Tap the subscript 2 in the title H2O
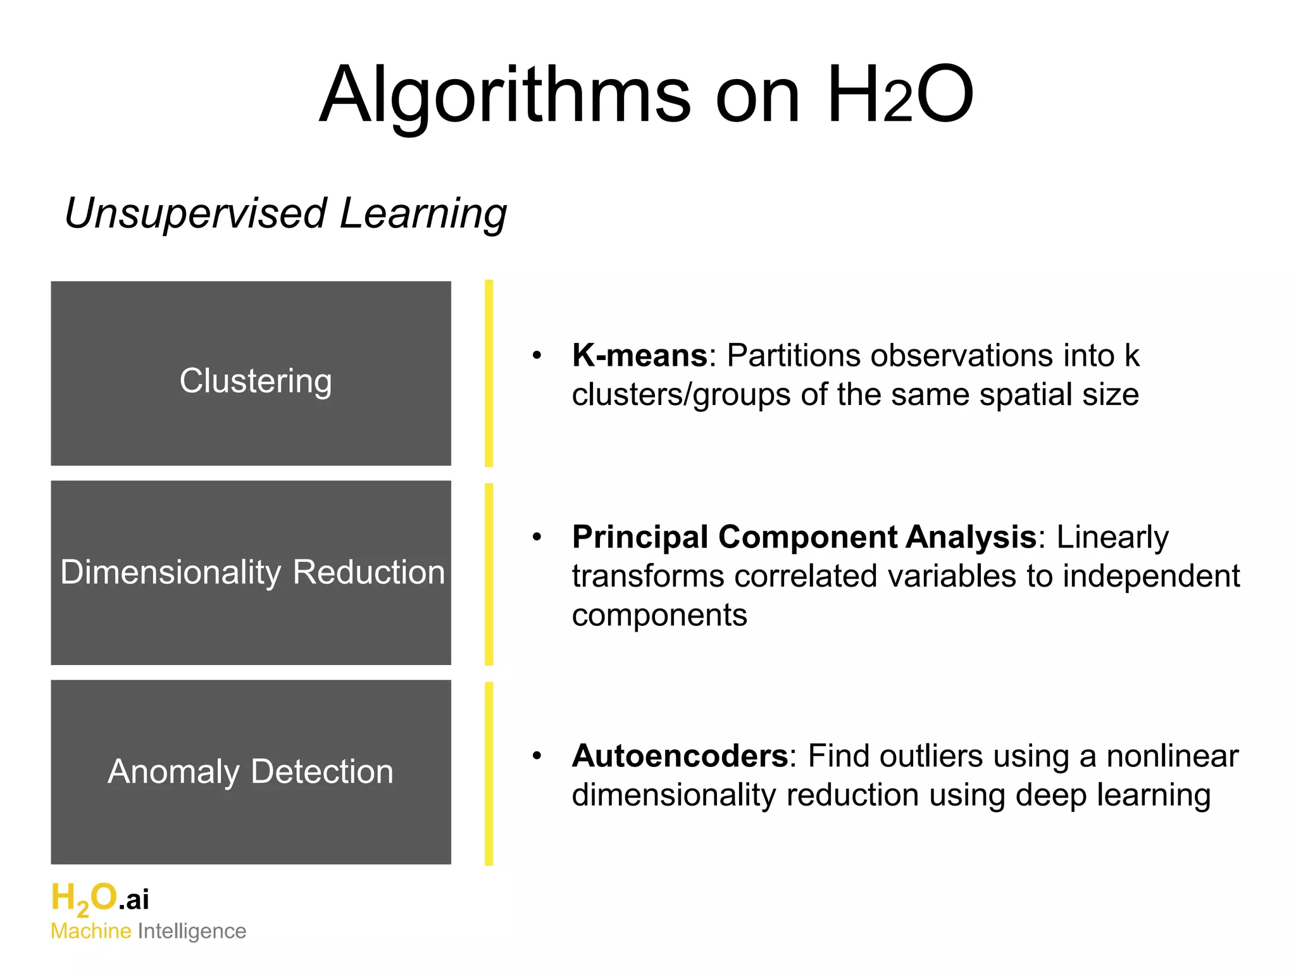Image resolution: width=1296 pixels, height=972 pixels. point(898,104)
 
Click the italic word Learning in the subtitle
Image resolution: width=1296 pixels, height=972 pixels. point(423,214)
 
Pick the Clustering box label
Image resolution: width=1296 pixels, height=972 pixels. point(255,381)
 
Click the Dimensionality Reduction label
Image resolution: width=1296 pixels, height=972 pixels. point(252,572)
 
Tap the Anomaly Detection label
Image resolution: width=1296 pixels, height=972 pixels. point(251,771)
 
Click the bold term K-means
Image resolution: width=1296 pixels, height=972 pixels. point(639,356)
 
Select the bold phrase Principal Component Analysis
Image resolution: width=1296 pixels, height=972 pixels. point(804,537)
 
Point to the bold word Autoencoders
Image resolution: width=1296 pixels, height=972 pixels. point(680,756)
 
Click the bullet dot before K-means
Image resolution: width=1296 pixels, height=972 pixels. point(537,356)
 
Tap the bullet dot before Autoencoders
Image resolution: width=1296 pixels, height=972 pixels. point(537,756)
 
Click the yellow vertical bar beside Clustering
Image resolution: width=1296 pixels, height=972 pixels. point(489,373)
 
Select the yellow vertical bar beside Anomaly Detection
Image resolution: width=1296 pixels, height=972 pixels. point(489,773)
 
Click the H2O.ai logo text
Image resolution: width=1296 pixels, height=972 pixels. point(100,899)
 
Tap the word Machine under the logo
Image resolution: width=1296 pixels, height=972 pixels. point(91,931)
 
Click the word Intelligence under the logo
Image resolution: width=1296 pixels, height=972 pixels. point(192,931)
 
